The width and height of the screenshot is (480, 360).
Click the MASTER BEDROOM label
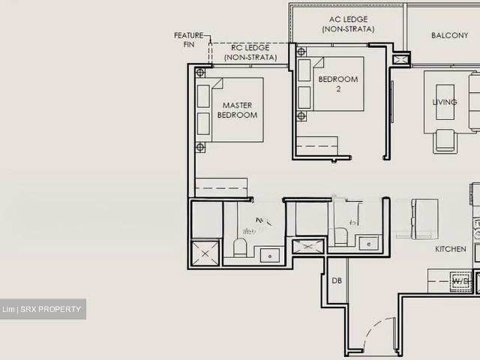[x=237, y=110]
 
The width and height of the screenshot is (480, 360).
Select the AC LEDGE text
[x=348, y=24]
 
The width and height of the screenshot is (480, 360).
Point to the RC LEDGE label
[x=250, y=52]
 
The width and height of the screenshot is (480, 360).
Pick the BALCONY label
[x=449, y=35]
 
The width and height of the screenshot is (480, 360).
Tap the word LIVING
[x=445, y=102]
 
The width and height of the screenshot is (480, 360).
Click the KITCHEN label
[x=451, y=249]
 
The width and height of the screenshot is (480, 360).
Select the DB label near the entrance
[x=337, y=280]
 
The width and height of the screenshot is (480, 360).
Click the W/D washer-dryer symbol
[x=460, y=282]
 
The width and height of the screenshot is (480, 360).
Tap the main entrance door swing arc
[x=375, y=330]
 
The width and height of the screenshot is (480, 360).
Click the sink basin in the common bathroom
[x=367, y=243]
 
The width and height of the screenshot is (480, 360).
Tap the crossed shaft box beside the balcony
[x=401, y=58]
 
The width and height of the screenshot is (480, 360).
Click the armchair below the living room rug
[x=444, y=140]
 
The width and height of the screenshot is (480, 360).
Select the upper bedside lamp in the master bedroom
[x=200, y=73]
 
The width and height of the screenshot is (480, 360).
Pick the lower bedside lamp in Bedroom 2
[x=301, y=116]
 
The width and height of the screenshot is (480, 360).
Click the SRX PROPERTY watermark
[x=43, y=310]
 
